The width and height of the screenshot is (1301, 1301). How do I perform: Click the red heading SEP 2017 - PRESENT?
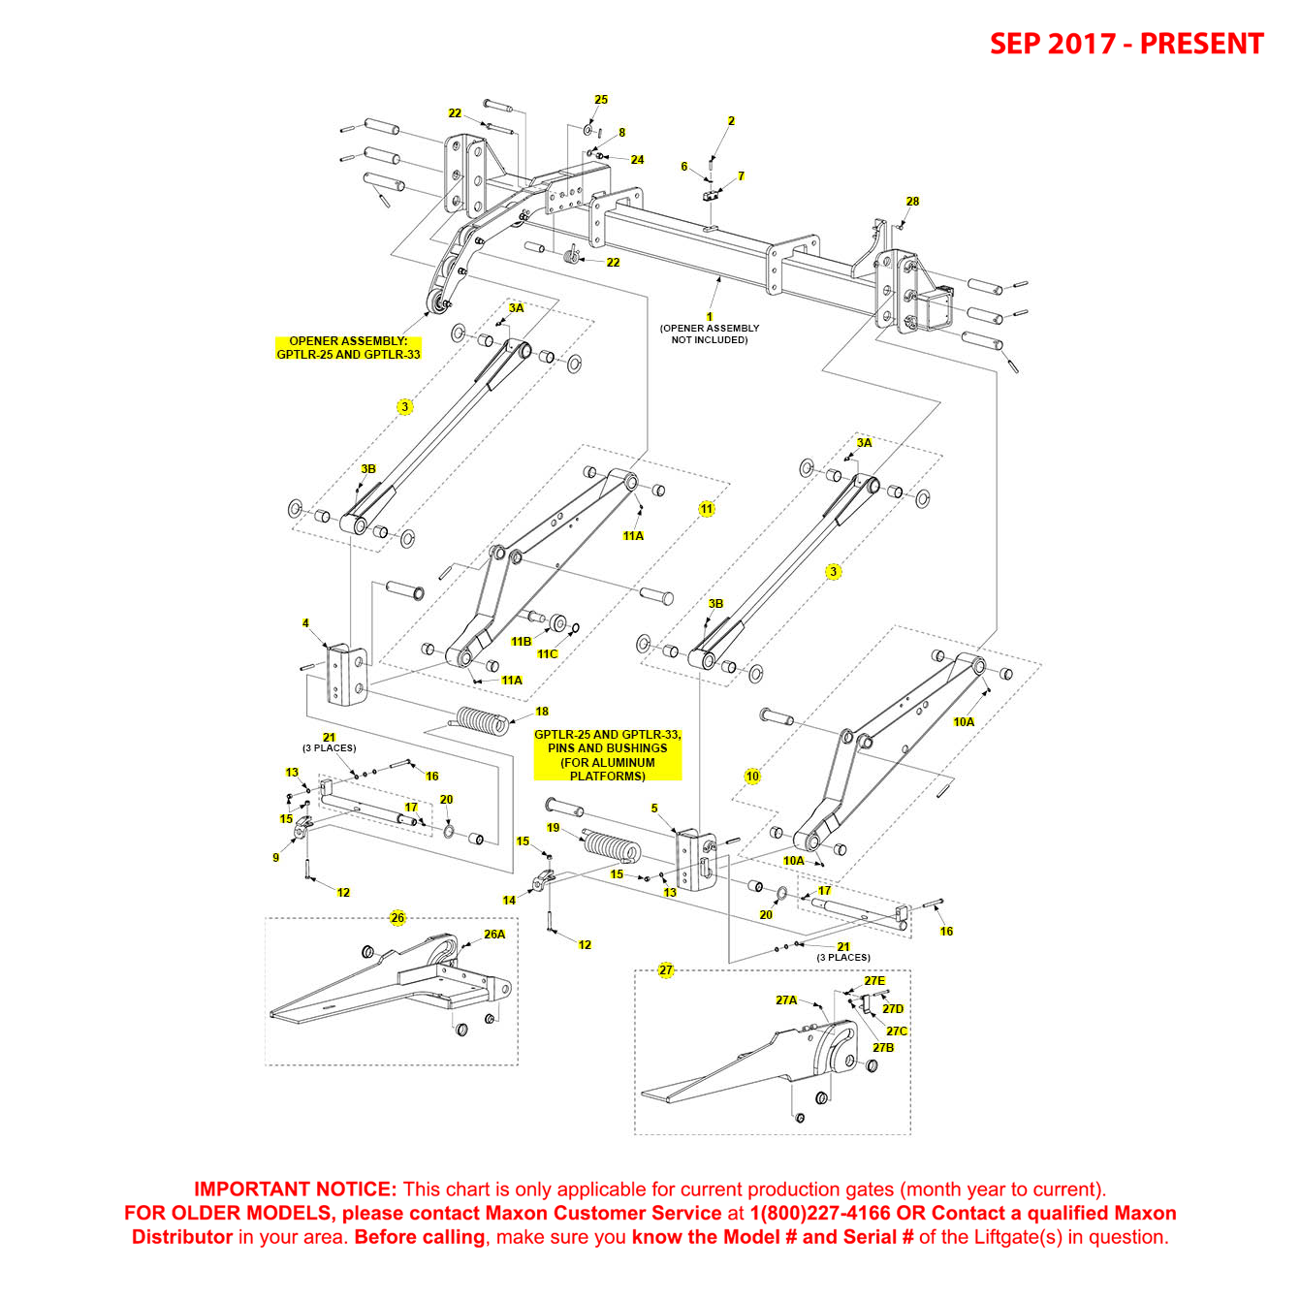pos(1126,44)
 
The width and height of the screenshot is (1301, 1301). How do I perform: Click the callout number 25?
pos(601,100)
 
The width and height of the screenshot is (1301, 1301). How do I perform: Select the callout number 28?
pos(912,202)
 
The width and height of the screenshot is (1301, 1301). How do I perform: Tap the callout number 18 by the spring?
pos(542,712)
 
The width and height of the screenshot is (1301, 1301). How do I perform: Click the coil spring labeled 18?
pos(481,721)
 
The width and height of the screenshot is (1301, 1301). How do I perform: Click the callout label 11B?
pos(522,642)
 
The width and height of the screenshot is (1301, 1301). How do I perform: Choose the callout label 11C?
pos(548,654)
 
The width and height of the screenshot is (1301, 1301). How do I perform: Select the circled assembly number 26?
pos(397,918)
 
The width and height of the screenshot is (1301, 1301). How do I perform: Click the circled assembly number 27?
pos(666,970)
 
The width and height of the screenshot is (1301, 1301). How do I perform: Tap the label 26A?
pos(494,935)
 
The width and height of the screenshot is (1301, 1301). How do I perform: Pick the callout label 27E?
pos(874,981)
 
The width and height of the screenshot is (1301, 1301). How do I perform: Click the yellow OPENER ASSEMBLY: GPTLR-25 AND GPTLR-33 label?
pos(348,348)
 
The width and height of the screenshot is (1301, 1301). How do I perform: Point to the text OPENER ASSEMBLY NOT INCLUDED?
pos(710,334)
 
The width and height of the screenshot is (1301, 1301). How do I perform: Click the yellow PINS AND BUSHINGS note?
pos(608,755)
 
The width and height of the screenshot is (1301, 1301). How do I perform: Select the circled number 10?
pos(752,776)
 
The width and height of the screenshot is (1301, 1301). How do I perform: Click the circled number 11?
pos(707,509)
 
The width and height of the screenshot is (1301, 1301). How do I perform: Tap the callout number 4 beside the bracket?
pos(305,623)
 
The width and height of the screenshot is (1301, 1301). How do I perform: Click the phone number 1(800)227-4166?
pos(820,1213)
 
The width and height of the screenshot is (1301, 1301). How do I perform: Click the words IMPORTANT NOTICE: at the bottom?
pos(295,1190)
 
